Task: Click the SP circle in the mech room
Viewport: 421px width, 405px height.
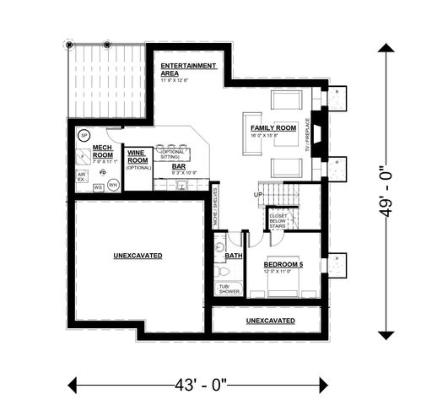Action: (x=84, y=135)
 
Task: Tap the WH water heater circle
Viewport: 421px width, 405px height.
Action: (x=112, y=184)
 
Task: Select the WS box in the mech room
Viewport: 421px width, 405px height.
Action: (x=98, y=186)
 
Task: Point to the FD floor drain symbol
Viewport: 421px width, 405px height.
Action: (x=102, y=172)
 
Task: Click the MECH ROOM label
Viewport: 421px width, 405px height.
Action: (x=102, y=151)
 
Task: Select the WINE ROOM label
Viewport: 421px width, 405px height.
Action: (x=138, y=157)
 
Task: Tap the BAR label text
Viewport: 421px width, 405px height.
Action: (x=179, y=167)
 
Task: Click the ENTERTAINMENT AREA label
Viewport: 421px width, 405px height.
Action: (x=188, y=69)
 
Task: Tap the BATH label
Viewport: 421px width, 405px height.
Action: (x=234, y=255)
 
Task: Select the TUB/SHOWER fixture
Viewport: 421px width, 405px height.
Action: (x=229, y=289)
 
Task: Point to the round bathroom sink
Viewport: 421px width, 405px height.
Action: (x=219, y=247)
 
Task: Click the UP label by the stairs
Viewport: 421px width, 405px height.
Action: (x=257, y=195)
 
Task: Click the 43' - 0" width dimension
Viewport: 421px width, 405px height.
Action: (x=197, y=386)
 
